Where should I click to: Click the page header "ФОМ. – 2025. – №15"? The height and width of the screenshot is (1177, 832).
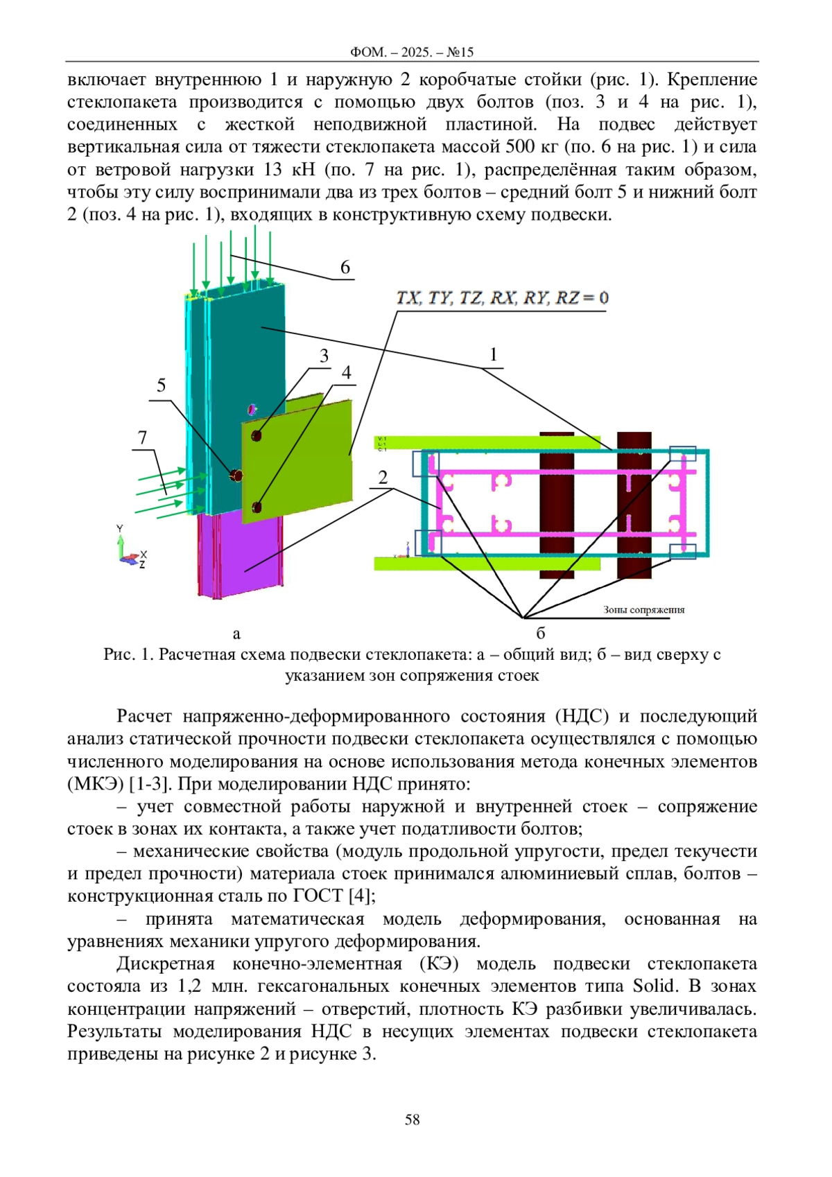(412, 52)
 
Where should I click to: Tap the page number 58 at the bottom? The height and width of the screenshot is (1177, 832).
(412, 1119)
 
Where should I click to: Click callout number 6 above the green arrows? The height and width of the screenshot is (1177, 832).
(345, 268)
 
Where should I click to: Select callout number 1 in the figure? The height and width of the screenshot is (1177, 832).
(493, 355)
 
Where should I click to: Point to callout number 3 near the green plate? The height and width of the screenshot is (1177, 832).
(324, 356)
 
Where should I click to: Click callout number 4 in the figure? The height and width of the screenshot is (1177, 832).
(346, 372)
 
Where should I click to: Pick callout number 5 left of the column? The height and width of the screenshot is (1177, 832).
(161, 385)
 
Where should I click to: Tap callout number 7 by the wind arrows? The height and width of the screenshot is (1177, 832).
(142, 437)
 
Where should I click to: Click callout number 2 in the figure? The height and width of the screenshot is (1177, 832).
(383, 477)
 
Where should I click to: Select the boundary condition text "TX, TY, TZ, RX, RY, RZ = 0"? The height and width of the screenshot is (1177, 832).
(502, 298)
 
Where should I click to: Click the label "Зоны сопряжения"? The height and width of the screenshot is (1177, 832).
(644, 609)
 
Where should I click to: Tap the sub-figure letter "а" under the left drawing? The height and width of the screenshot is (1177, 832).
(236, 634)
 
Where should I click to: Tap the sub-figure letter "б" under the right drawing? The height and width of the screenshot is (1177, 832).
(541, 633)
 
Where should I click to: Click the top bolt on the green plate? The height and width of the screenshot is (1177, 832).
(257, 435)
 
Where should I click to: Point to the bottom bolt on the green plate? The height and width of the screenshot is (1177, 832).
(257, 507)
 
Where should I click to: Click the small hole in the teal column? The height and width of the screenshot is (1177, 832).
(253, 408)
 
